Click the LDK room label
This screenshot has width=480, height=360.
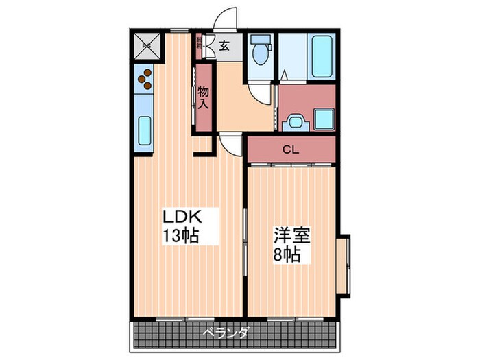pyautogui.click(x=182, y=217)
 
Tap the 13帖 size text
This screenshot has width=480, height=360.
pyautogui.click(x=180, y=237)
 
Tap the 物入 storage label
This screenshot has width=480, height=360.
pyautogui.click(x=204, y=97)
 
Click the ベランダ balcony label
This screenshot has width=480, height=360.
pyautogui.click(x=226, y=334)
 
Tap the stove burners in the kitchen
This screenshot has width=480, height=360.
pyautogui.click(x=145, y=80)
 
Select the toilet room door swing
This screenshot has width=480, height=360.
pyautogui.click(x=259, y=94)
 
